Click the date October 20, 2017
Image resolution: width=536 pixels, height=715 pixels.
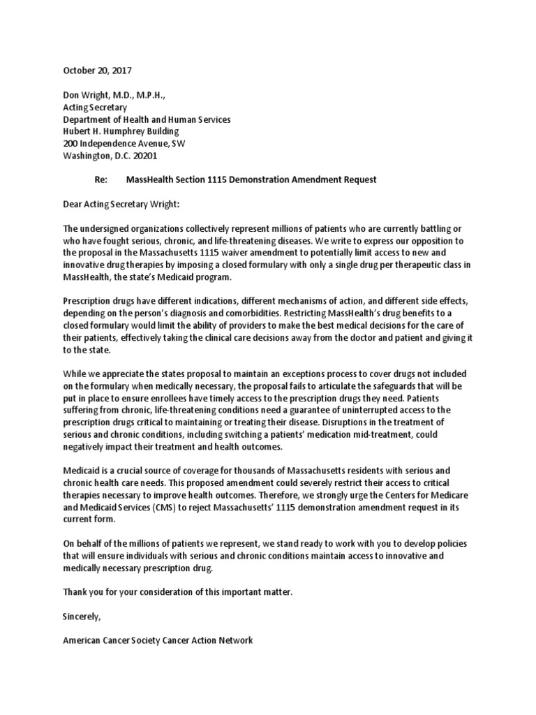pos(97,71)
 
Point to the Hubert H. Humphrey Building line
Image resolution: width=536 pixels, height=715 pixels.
pos(121,131)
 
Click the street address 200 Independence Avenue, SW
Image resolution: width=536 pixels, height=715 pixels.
pos(124,143)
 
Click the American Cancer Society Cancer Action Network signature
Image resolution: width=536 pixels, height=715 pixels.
pos(158,640)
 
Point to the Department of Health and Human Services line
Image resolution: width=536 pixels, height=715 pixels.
pos(147,119)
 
